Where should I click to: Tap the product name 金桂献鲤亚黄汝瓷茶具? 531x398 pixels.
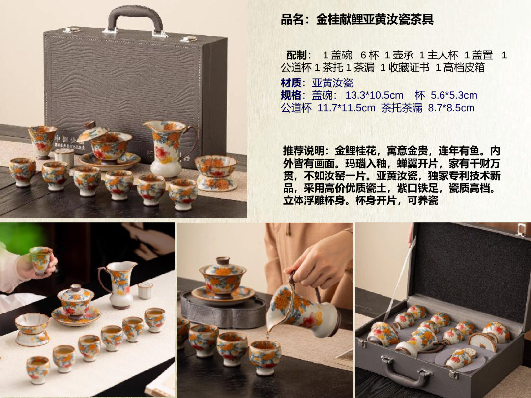point(375,19)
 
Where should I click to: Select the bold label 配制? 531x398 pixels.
point(296,55)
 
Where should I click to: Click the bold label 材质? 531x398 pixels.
point(291,83)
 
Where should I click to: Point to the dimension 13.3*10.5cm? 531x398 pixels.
point(374,95)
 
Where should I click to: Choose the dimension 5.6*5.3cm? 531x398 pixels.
point(454,95)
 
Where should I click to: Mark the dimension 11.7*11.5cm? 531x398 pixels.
point(347,108)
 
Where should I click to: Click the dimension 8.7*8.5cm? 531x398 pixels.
point(451,108)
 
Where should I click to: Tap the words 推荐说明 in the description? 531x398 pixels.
point(303,151)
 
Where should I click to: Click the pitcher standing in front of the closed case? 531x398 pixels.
point(169,149)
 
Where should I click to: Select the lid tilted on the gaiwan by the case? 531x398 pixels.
point(92,131)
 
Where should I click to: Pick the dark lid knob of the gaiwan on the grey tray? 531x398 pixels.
point(223,261)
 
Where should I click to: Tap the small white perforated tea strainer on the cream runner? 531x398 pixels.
point(145,291)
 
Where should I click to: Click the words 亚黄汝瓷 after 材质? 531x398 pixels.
point(332,83)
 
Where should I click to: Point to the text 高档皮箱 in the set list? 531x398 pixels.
point(464,68)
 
